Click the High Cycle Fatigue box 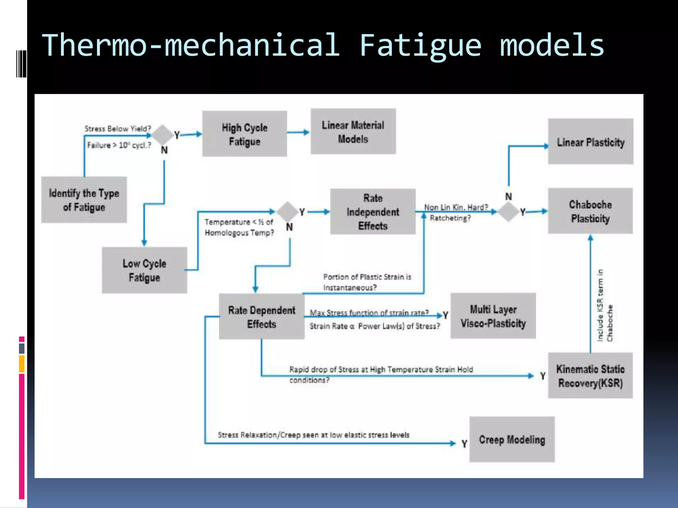(244, 134)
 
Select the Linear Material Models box (353, 132)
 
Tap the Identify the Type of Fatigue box (84, 200)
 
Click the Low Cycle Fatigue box (144, 270)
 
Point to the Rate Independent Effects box (373, 212)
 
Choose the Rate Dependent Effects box (262, 317)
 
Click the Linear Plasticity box (590, 142)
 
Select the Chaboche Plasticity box (590, 211)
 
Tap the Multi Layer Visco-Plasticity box (493, 316)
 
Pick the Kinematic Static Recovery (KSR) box (590, 376)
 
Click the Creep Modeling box (512, 440)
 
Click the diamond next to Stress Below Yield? (162, 134)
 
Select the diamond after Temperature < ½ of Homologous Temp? (287, 212)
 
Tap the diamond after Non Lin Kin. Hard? (508, 212)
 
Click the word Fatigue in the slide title (420, 45)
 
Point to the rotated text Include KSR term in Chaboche (605, 306)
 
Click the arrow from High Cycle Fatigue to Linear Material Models (298, 132)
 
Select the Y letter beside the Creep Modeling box (464, 444)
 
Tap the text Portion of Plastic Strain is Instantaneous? (367, 282)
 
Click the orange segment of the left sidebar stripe (22, 364)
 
